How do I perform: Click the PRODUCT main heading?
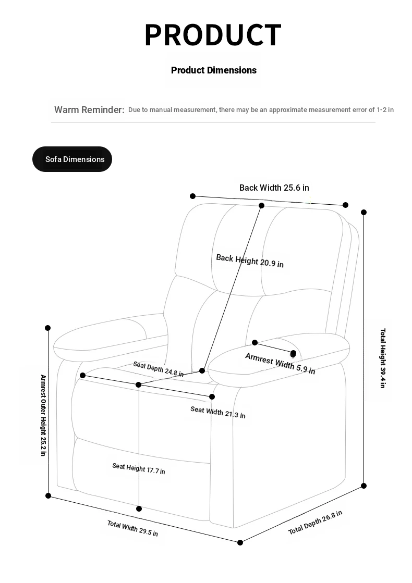point(213,35)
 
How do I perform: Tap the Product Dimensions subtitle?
point(214,70)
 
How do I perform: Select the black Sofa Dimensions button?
point(72,159)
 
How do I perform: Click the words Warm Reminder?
point(89,110)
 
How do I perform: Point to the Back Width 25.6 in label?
point(274,188)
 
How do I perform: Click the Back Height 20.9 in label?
point(250,261)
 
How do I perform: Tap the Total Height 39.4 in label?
point(383,358)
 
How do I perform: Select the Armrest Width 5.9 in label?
point(280,364)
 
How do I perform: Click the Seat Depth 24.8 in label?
point(158,368)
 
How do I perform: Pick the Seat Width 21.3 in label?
point(217,412)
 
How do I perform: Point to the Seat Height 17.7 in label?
point(139,468)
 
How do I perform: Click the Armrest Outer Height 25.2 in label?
point(43,415)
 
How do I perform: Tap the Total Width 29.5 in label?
point(132,528)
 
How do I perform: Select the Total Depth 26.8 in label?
point(315,523)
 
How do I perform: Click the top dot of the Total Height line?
point(363,212)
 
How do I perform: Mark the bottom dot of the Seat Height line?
point(139,508)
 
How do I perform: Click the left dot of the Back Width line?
point(193,196)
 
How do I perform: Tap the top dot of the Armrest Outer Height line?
point(48,328)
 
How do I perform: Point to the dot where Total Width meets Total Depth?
point(240,542)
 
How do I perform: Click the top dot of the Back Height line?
point(262,205)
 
